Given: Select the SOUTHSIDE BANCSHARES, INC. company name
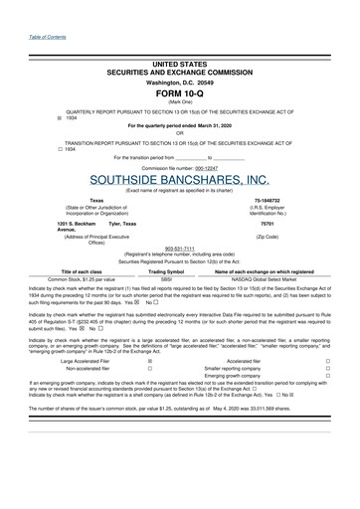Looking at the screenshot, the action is [x=179, y=180].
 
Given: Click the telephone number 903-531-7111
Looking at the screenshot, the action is [x=180, y=248].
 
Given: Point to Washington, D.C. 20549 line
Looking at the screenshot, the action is [x=179, y=81].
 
